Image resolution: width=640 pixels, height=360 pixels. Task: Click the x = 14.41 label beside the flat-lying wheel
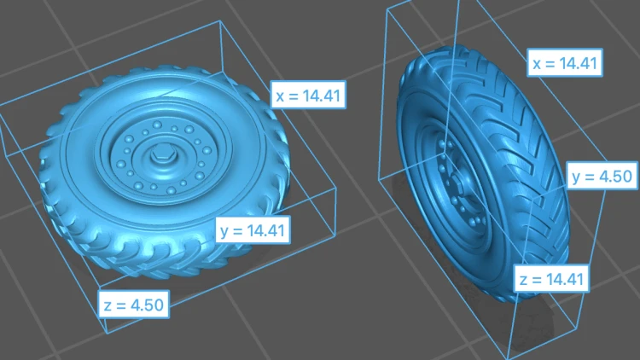point(308,95)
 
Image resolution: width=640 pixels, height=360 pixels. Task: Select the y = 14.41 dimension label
point(253,230)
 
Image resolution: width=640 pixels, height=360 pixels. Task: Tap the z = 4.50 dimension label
point(134,305)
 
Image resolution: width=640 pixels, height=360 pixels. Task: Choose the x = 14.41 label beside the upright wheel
point(565,63)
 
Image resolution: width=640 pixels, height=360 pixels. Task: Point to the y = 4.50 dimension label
point(602,176)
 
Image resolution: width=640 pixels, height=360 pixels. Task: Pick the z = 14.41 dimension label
point(551,279)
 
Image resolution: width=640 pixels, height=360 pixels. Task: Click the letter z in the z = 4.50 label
point(108,305)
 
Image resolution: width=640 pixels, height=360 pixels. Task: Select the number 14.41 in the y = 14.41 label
point(265,230)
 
